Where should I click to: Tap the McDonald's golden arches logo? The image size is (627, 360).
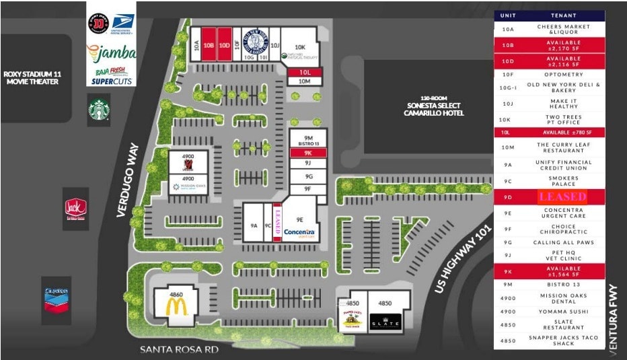[x=176, y=306]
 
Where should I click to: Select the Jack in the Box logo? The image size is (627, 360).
[x=75, y=209]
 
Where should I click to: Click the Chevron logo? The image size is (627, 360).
[x=56, y=296]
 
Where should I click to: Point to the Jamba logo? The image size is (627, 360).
[x=112, y=52]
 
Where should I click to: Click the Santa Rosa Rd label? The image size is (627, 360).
[x=179, y=349]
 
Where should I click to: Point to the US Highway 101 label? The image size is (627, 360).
[x=459, y=258]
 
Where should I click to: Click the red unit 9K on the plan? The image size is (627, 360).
[x=308, y=153]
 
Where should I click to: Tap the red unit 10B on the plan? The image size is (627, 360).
[x=209, y=44]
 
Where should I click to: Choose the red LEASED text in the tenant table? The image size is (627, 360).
[x=562, y=196]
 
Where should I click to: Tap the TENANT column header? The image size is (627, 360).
[x=563, y=15]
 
